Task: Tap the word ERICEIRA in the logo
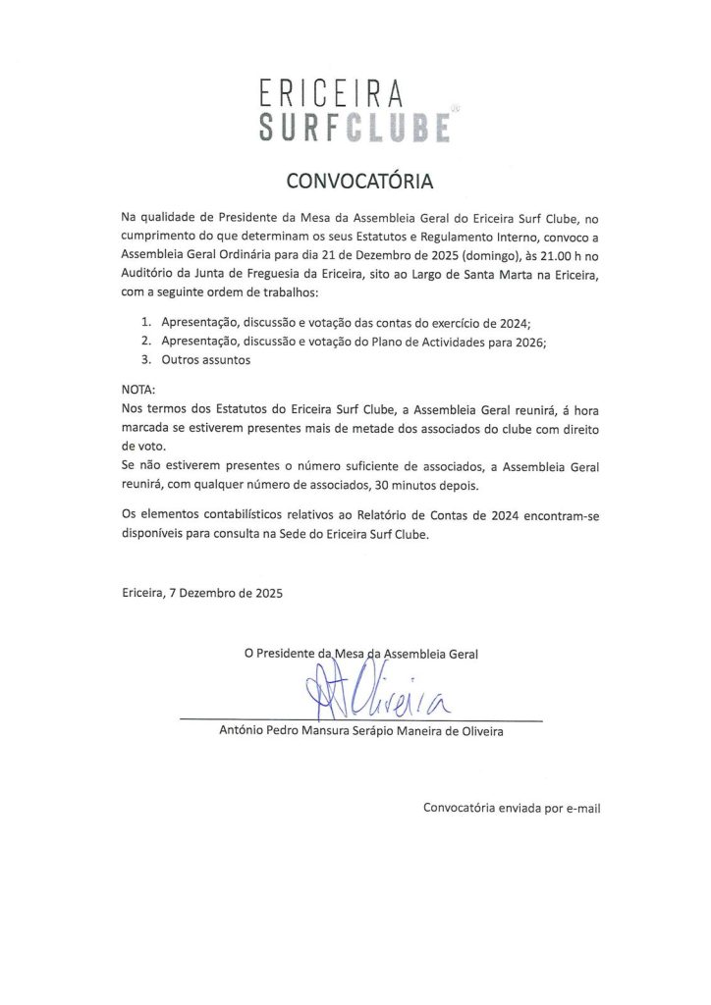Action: [332, 95]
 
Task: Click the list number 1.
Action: [144, 322]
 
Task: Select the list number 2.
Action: [144, 341]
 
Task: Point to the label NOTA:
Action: [138, 389]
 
